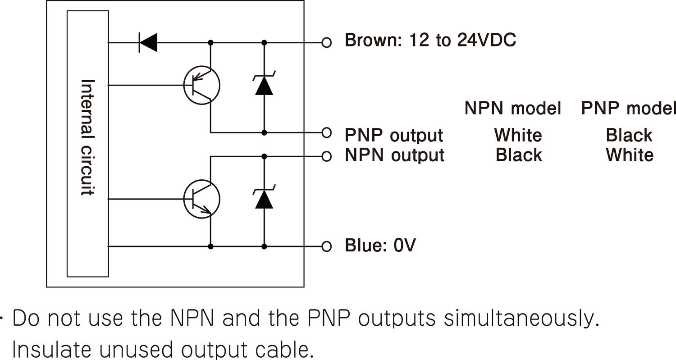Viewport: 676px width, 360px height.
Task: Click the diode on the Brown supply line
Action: [148, 43]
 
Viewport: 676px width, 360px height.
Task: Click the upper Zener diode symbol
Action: [264, 85]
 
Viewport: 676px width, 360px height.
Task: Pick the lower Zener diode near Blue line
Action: [264, 199]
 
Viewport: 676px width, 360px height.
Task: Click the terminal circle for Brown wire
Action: [327, 43]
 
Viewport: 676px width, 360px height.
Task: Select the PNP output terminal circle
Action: [327, 133]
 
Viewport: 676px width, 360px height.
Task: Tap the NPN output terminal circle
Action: [327, 156]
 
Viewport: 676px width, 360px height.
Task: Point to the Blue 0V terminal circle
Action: [327, 246]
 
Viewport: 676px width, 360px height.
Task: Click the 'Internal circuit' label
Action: [87, 137]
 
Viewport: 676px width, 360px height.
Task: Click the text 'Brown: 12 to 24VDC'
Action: [430, 41]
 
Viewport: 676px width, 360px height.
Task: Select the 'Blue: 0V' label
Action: [380, 246]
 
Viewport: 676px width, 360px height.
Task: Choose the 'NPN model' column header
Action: [513, 108]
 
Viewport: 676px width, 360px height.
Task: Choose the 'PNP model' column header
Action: [629, 108]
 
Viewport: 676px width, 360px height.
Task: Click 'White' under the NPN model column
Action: [518, 135]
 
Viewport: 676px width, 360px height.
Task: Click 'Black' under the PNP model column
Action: [629, 135]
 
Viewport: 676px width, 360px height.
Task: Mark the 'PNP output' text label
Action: [394, 135]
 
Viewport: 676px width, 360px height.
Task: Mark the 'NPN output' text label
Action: [395, 155]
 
